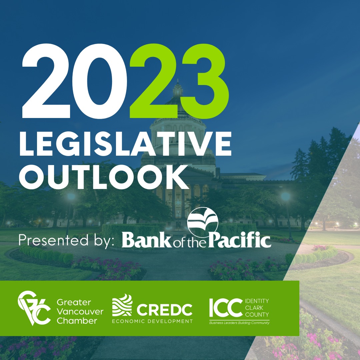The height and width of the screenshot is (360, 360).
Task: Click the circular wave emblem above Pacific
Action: pyautogui.click(x=203, y=222)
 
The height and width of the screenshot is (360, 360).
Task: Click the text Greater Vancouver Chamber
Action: pyautogui.click(x=80, y=312)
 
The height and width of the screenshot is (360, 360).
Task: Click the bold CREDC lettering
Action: pyautogui.click(x=164, y=310)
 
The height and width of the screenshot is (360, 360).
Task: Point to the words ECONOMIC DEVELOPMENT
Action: pyautogui.click(x=152, y=321)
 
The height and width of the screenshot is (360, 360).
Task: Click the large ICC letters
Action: pyautogui.click(x=225, y=308)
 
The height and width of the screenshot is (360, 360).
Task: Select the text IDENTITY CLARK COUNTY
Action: pyautogui.click(x=257, y=308)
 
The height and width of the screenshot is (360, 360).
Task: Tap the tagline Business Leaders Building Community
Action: pyautogui.click(x=239, y=323)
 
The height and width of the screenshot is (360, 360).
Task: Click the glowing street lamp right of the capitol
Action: pyautogui.click(x=286, y=197)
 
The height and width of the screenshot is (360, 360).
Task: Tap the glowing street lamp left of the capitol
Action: pyautogui.click(x=71, y=197)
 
